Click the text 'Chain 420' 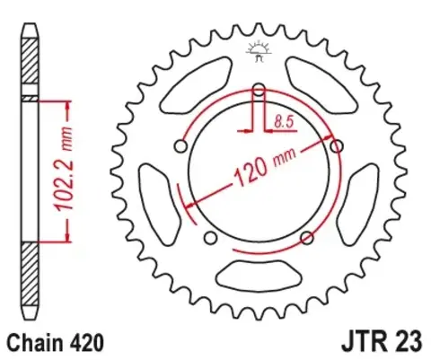point(56,342)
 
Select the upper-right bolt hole point(338,145)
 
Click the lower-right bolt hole point(307,237)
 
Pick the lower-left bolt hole point(210,238)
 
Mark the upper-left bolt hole point(180,146)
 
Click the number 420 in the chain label point(87,342)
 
